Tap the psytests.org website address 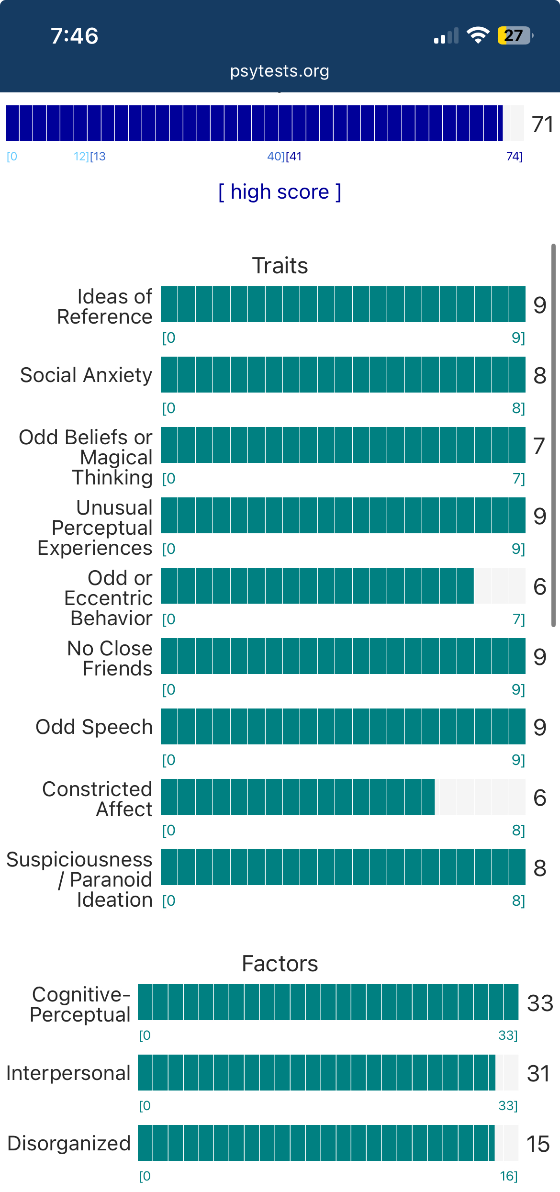(x=280, y=71)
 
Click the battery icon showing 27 (x=515, y=35)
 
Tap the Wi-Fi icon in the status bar (x=478, y=35)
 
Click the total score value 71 (x=543, y=124)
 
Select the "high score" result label (x=280, y=192)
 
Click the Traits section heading (x=280, y=266)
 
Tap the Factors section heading (x=280, y=964)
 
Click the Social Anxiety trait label (x=86, y=375)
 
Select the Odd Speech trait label (x=94, y=727)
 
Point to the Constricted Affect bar (x=343, y=797)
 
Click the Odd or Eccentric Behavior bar (x=343, y=586)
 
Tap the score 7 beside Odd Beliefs (x=539, y=446)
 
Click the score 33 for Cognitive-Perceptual (x=540, y=1003)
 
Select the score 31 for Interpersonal (x=538, y=1074)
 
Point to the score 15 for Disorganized (x=538, y=1144)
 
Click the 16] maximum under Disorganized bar (x=508, y=1176)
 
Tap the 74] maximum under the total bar (x=514, y=157)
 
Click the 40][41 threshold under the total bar (x=284, y=157)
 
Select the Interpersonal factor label (x=68, y=1073)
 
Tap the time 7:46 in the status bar (x=75, y=36)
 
